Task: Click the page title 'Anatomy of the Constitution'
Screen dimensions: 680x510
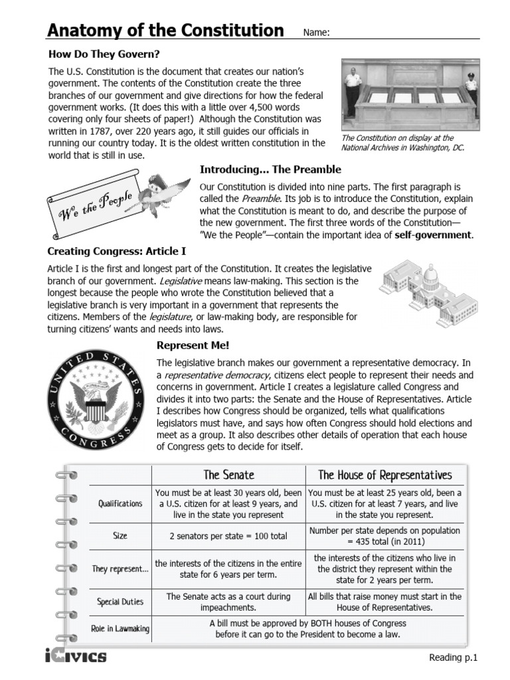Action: point(165,31)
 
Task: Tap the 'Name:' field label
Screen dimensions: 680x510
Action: point(316,33)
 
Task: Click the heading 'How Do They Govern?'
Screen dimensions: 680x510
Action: point(104,54)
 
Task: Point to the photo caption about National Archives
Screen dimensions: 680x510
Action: point(402,143)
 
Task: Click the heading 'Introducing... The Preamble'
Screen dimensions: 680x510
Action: point(270,169)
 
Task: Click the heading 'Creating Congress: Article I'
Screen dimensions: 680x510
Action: point(116,252)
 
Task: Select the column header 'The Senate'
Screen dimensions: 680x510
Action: point(228,475)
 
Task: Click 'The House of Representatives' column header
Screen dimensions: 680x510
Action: point(384,475)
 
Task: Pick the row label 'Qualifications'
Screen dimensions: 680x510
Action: point(120,504)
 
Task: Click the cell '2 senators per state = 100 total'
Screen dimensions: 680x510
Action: point(228,535)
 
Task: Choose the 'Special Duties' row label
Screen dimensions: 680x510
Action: point(120,602)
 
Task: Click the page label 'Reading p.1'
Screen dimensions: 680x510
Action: point(454,657)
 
